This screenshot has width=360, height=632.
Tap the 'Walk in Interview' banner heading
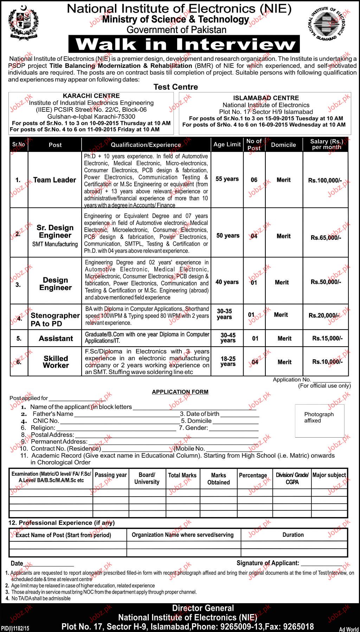point(186,44)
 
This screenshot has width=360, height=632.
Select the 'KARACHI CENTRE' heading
point(91,96)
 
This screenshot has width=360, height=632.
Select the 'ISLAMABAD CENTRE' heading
point(266,98)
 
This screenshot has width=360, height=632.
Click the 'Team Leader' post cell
point(54,180)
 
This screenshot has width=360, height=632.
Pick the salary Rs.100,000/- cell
point(325,180)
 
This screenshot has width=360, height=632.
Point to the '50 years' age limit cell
point(228,236)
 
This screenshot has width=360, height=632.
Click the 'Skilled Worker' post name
point(56,362)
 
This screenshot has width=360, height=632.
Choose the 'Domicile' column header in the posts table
point(283,145)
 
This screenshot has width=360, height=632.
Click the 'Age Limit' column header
point(227,144)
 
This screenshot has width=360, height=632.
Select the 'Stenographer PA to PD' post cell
point(55,319)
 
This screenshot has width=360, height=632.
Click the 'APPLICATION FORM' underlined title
point(180,392)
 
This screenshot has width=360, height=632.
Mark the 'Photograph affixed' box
point(320,420)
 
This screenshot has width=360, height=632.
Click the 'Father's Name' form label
point(53,414)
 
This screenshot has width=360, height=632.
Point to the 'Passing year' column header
point(111,475)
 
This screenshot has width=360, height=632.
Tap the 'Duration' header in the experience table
point(293,535)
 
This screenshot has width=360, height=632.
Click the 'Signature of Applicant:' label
point(268,563)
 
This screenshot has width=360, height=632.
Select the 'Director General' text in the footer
point(203,608)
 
